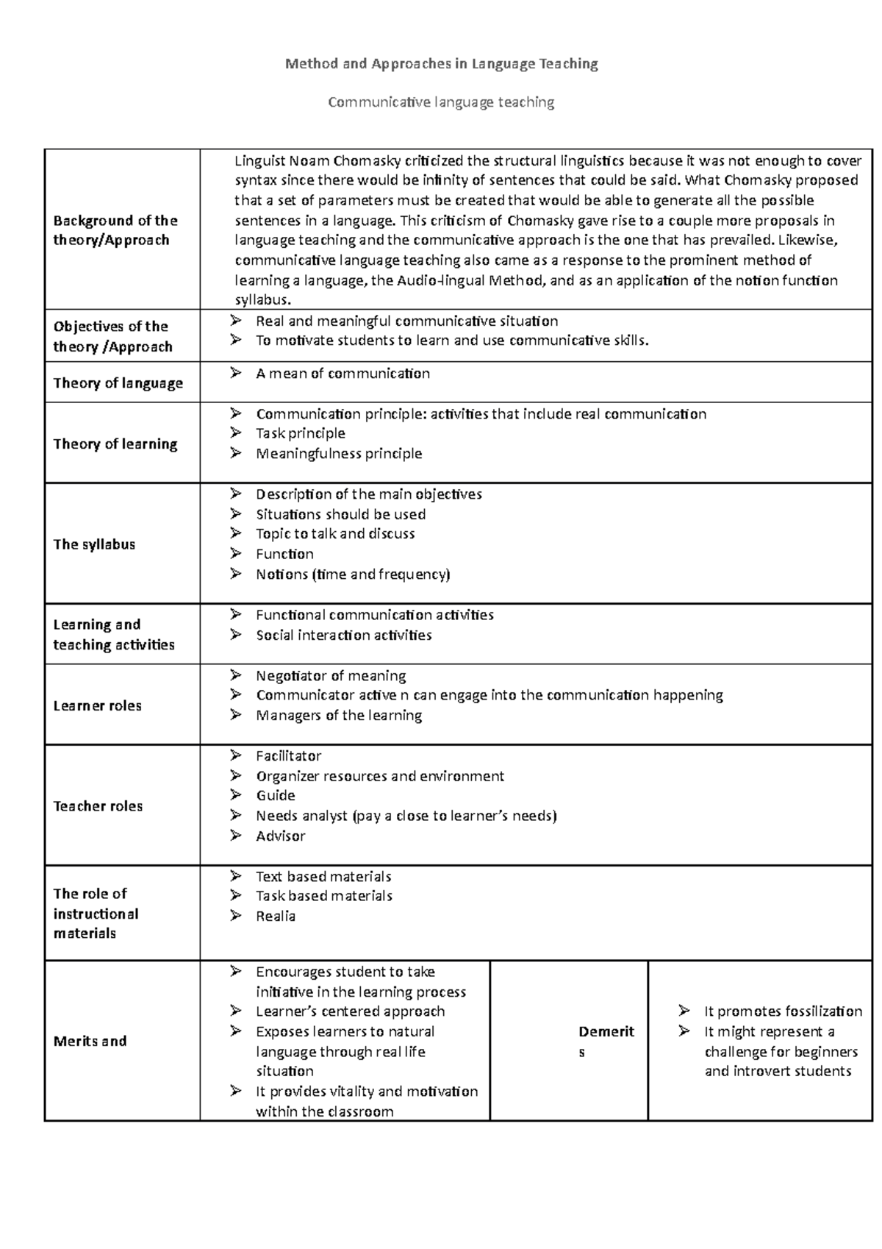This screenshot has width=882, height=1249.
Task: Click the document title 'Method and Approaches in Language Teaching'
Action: click(441, 64)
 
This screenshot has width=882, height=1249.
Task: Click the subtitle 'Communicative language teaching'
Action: click(441, 102)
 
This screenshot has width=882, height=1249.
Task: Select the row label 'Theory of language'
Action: click(118, 383)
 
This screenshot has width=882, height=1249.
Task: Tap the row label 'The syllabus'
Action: click(94, 544)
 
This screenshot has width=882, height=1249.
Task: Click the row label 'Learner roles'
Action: click(97, 705)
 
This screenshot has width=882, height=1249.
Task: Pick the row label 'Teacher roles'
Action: click(98, 806)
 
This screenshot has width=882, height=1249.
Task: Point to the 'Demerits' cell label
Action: click(606, 1032)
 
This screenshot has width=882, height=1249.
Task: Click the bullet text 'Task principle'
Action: click(300, 433)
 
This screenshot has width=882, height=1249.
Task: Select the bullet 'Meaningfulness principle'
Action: click(338, 454)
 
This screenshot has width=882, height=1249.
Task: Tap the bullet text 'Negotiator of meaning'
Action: click(330, 676)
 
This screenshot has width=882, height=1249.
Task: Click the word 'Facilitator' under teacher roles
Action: click(288, 756)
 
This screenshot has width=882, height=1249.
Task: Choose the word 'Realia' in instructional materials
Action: click(276, 917)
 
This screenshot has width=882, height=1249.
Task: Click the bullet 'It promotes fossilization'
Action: click(783, 1011)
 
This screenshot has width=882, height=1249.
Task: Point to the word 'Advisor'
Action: click(280, 836)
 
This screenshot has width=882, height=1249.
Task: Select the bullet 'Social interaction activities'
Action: click(343, 636)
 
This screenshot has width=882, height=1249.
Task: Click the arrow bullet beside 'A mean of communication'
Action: click(235, 373)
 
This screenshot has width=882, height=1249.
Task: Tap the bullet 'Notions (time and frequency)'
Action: click(352, 574)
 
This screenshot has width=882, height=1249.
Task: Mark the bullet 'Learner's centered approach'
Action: click(350, 1011)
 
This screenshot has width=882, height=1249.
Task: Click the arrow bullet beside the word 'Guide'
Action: click(235, 795)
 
